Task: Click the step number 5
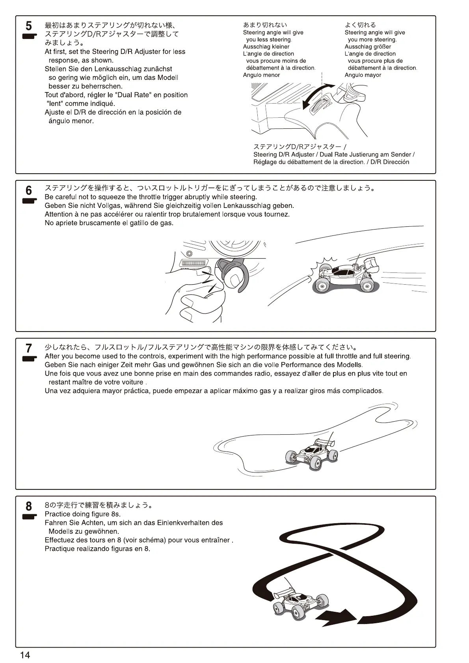point(28,26)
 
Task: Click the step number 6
point(28,191)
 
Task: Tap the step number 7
point(28,348)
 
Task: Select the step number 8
point(28,506)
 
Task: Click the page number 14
point(25,655)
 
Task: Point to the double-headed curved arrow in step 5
point(318,96)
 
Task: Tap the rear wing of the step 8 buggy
point(283,593)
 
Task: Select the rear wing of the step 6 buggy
point(372,264)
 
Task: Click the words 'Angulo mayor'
point(363,75)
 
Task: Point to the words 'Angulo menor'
point(261,75)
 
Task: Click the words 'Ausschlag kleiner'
point(266,47)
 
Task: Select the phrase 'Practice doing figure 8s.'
point(83,514)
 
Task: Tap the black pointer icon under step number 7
point(29,359)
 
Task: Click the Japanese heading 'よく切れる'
point(360,25)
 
